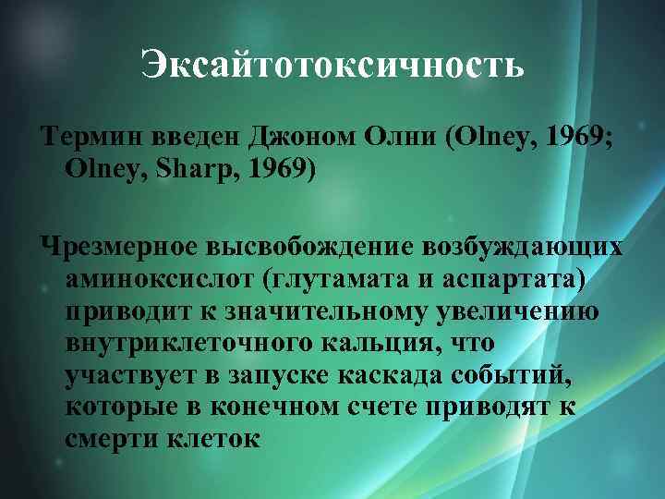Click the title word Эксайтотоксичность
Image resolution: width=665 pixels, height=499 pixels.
click(332, 65)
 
